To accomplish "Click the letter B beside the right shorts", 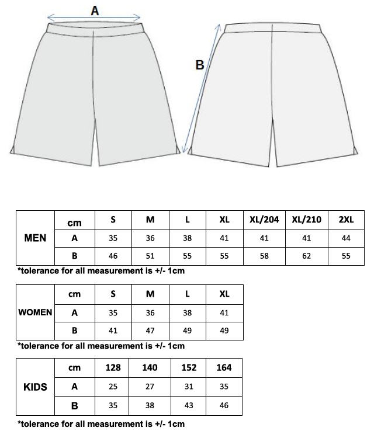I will click(200, 65).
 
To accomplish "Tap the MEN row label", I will click(35, 238).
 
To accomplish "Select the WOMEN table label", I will click(35, 312).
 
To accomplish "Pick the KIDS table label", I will click(35, 387).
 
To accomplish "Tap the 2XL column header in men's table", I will click(347, 220).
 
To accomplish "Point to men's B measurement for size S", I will click(113, 256).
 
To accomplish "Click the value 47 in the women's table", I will click(150, 331).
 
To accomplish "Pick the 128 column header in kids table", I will click(113, 367).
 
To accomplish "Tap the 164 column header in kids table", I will click(224, 367).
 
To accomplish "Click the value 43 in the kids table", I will click(187, 405).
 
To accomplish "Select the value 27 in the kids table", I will click(150, 386).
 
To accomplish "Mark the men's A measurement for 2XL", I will click(347, 238).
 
